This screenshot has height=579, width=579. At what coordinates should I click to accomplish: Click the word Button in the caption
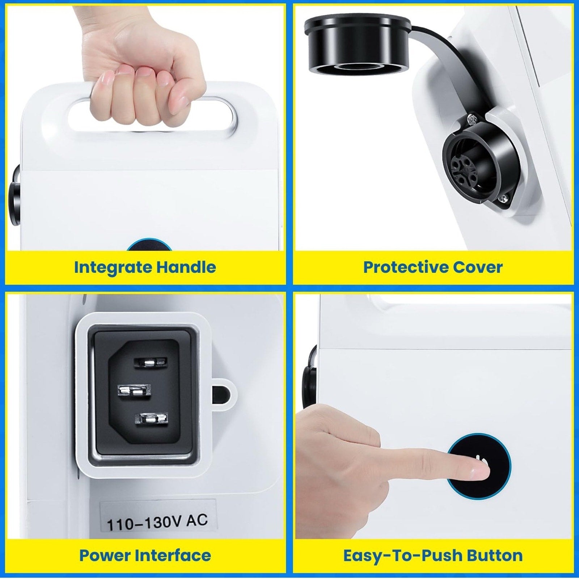point(494,555)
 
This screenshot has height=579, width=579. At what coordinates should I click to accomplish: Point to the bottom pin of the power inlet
point(152,419)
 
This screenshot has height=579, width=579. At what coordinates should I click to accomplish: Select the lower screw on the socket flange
point(503,199)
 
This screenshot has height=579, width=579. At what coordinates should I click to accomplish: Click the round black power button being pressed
point(479,466)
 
